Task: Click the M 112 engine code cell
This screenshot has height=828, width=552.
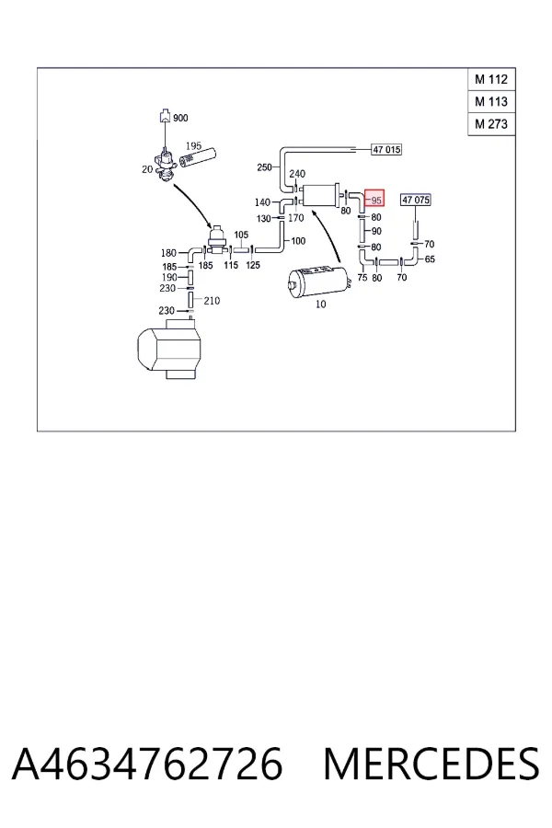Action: coord(491,79)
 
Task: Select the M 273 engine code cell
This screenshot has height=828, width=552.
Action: coord(491,124)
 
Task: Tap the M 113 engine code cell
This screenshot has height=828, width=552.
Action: coord(491,101)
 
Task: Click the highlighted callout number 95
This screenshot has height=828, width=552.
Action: coord(375,199)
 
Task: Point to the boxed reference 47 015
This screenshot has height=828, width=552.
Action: coord(386,149)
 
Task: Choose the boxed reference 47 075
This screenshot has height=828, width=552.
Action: coord(416,200)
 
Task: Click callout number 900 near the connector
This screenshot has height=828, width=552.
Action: coord(180,118)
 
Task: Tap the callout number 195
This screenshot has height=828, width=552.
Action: coord(193,145)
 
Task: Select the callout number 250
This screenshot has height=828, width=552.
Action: coord(264,167)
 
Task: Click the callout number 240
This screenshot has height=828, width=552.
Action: coord(297,173)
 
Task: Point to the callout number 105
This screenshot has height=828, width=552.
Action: coord(241,235)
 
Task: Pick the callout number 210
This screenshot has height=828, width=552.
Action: coord(212,301)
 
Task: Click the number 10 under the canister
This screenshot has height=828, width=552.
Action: coord(321,305)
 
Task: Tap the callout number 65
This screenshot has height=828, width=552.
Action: coord(430,259)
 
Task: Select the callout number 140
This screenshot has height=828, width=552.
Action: coord(262,202)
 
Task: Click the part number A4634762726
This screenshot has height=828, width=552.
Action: coord(147,764)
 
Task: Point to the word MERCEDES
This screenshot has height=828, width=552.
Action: coord(431,764)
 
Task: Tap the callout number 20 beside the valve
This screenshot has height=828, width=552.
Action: coord(147,169)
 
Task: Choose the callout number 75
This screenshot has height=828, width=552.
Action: coord(362,277)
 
